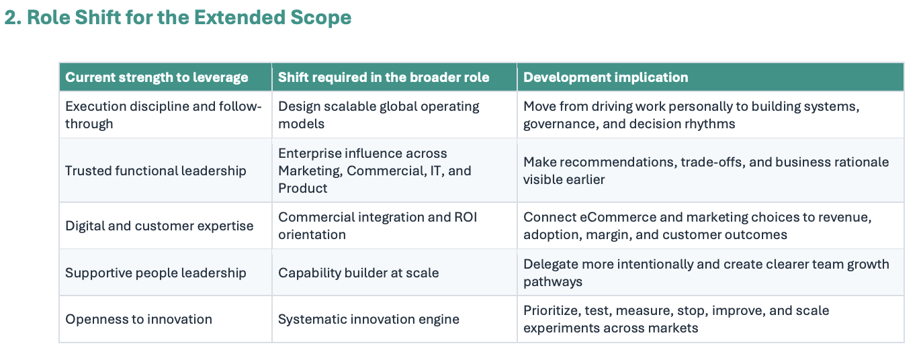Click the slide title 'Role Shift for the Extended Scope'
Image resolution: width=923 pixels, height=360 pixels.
click(189, 17)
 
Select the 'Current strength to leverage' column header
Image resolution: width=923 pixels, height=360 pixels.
click(157, 77)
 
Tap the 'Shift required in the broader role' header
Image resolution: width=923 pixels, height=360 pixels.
click(384, 77)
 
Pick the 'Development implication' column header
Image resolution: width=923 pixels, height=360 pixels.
click(606, 77)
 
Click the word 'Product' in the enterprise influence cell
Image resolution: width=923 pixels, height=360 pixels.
click(302, 188)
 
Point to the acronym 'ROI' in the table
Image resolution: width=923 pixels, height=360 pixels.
click(466, 217)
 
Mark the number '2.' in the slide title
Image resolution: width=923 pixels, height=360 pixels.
click(13, 17)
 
